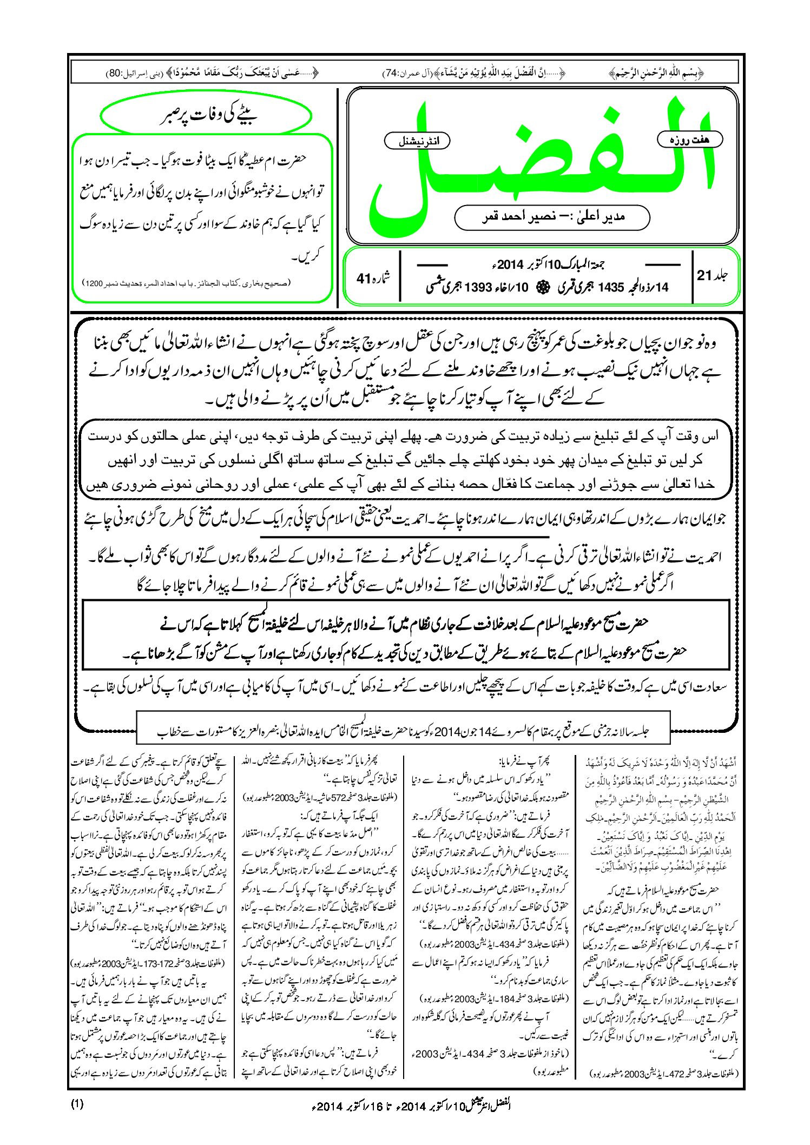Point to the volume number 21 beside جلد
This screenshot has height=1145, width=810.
coord(704,275)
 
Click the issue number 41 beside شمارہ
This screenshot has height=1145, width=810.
coord(363,278)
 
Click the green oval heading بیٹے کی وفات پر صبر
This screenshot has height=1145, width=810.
coord(206,116)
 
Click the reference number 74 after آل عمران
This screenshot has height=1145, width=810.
coord(391,72)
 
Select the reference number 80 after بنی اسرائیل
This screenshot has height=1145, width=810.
coord(115,72)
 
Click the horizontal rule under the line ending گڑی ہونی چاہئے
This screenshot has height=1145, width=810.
coord(406,536)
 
